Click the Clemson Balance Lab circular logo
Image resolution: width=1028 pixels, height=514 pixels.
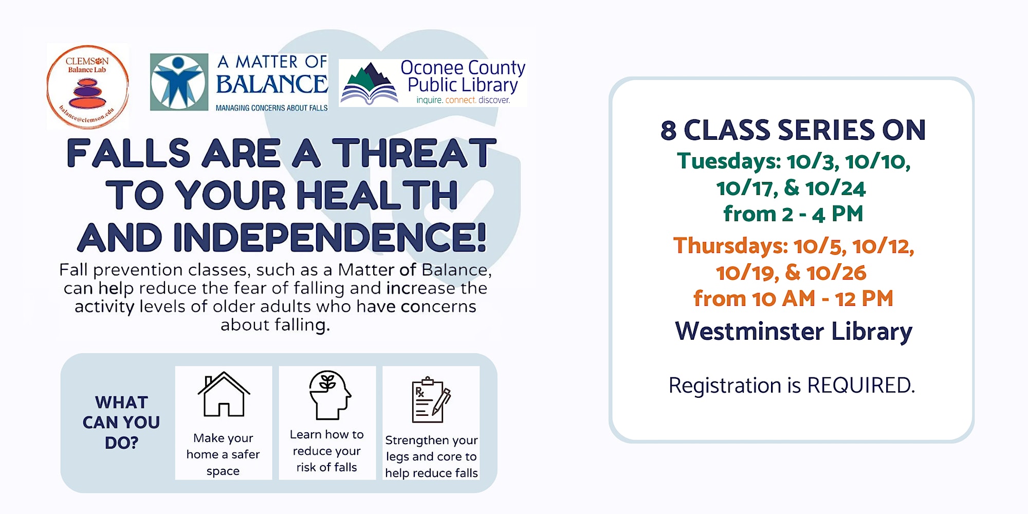[87, 86]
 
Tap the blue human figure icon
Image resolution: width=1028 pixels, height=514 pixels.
[179, 82]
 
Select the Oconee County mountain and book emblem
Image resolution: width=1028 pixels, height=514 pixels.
[369, 84]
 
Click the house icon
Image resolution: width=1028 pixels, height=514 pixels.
[224, 394]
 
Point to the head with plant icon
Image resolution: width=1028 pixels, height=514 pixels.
[329, 395]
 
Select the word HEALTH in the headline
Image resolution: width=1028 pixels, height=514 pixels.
[376, 195]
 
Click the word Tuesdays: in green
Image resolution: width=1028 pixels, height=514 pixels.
[729, 161]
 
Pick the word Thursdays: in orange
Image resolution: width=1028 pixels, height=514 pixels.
[730, 246]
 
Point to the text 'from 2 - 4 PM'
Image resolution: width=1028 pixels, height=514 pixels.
[793, 214]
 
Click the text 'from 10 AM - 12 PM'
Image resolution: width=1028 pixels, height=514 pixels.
[793, 299]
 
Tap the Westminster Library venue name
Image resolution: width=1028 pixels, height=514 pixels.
[794, 332]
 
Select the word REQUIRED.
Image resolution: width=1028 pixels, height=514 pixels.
[861, 385]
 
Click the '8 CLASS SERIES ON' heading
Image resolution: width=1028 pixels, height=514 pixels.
[793, 130]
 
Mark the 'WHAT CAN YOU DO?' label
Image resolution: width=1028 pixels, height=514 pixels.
[121, 423]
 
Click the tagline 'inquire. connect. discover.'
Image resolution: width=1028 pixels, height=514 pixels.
[463, 100]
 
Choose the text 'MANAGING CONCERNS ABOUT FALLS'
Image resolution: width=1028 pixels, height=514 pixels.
[271, 108]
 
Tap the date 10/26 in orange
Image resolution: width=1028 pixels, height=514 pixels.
[836, 273]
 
